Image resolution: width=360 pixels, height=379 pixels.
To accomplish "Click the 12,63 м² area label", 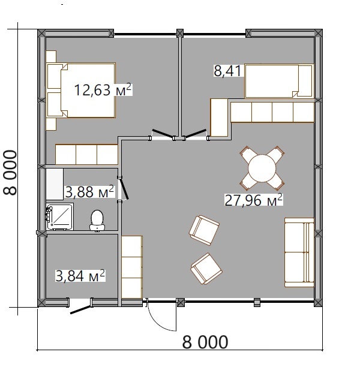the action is click(103, 90).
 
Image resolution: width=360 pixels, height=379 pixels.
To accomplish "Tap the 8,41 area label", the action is click(227, 71).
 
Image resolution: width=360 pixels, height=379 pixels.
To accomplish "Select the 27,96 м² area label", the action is click(254, 200).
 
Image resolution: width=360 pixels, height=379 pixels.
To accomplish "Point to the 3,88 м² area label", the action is click(89, 192).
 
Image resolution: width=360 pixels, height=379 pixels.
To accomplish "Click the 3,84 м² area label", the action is click(80, 276).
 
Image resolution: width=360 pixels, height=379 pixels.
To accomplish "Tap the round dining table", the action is click(262, 169).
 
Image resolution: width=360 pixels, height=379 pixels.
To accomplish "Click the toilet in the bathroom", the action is click(97, 220).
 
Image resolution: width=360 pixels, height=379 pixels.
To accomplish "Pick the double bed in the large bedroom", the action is click(81, 91).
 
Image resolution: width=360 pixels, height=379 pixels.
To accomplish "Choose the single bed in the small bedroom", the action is click(279, 81).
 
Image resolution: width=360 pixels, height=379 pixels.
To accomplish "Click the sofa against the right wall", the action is click(299, 252).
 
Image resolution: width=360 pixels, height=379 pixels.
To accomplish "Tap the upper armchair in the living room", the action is click(204, 230).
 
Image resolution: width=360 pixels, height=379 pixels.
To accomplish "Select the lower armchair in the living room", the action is click(206, 269).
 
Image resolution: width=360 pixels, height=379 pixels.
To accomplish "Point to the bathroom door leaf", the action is click(124, 188).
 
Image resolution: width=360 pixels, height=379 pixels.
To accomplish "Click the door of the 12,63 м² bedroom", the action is click(163, 134).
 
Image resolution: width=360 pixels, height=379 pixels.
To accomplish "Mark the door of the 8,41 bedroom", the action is click(195, 134).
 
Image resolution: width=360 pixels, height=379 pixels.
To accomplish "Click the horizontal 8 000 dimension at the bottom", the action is click(205, 342).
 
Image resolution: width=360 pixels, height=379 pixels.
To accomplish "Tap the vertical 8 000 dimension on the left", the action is click(10, 172).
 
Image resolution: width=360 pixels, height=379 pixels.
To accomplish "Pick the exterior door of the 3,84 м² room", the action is click(81, 310).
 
